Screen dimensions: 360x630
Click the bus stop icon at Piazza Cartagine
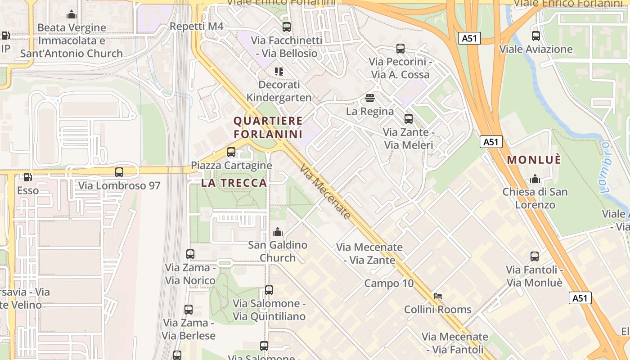(231, 152)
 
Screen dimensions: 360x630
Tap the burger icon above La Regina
(370, 98)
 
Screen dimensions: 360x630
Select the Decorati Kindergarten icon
(279, 72)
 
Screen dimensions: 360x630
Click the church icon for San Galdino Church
(278, 232)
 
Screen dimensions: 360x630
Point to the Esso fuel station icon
(27, 177)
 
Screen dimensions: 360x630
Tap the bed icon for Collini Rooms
(437, 296)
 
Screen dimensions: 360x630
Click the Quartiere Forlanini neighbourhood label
(268, 127)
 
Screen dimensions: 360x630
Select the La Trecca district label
(234, 183)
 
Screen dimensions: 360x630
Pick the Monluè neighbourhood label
(534, 160)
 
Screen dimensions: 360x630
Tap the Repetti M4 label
(196, 27)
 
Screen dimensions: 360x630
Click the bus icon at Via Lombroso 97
(119, 172)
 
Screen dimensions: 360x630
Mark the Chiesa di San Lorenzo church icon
(535, 179)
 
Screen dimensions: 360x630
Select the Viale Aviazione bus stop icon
(535, 36)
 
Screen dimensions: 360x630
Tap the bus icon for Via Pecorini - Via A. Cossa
(400, 49)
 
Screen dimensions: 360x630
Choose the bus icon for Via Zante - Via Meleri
(409, 119)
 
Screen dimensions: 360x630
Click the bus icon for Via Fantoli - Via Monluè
(535, 256)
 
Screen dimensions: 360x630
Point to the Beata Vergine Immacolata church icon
(72, 15)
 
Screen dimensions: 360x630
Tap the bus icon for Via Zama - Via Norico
(190, 254)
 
